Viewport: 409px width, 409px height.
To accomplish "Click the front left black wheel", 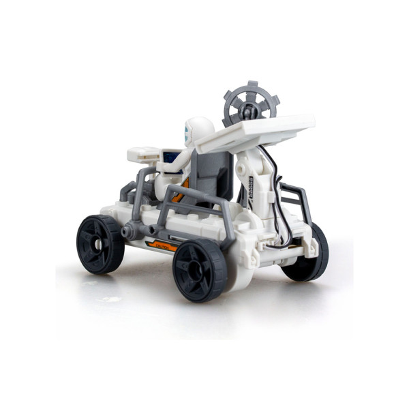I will (x=101, y=244).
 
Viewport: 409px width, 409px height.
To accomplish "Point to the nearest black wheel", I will (x=200, y=268).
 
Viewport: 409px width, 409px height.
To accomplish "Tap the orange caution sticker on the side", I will (x=162, y=244).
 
